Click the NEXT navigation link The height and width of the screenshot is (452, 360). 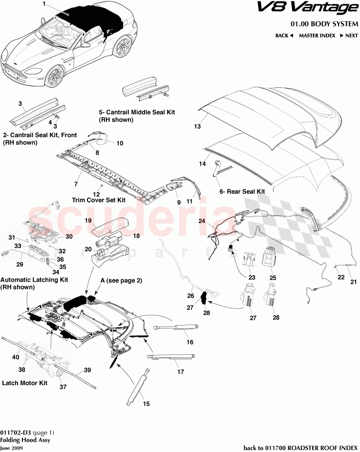point(349,36)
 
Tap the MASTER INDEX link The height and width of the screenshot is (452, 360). point(317,36)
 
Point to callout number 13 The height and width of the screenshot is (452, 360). point(197,126)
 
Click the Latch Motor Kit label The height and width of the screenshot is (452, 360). point(24,383)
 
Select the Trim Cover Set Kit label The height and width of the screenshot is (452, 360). point(99,200)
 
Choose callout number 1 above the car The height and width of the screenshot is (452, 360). point(43,4)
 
